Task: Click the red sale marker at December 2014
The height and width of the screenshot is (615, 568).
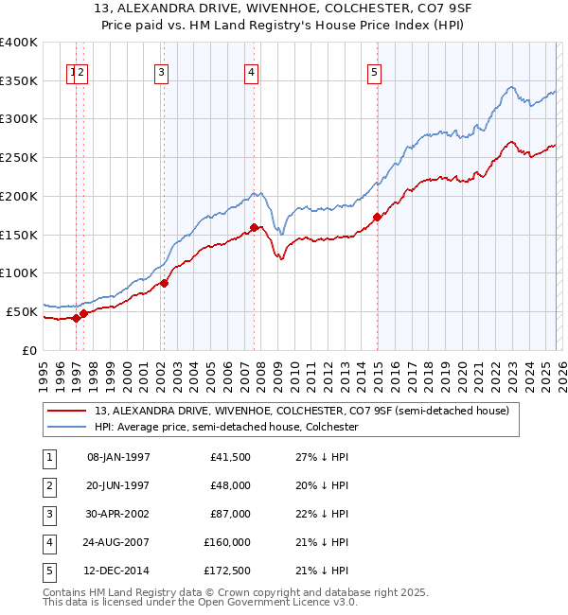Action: [x=377, y=217]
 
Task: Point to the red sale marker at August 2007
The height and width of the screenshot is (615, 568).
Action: [x=254, y=227]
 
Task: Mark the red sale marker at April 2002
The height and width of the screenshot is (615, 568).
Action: [x=164, y=282]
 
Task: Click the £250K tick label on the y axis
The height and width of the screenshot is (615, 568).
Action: [x=19, y=157]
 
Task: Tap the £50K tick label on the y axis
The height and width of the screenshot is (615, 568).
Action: [x=22, y=311]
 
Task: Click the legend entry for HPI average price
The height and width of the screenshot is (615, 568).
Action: [x=225, y=427]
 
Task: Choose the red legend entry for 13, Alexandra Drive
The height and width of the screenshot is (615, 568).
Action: [x=301, y=411]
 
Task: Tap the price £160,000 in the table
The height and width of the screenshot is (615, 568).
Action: [x=227, y=543]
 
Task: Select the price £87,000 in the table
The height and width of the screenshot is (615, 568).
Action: [x=231, y=515]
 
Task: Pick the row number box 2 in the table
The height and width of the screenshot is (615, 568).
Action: [x=47, y=486]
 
